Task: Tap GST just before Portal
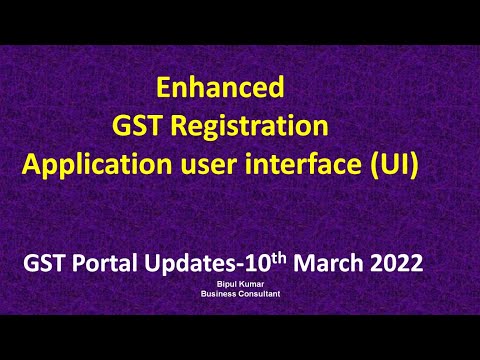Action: click(x=47, y=265)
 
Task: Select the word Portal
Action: click(x=106, y=265)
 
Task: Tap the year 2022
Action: click(x=396, y=265)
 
